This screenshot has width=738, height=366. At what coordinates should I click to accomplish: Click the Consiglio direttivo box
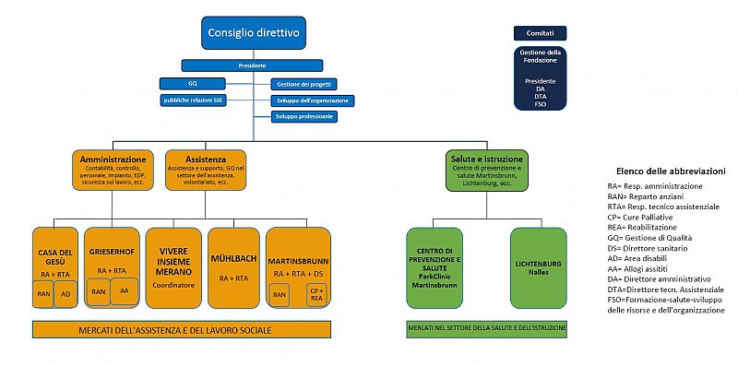(254, 33)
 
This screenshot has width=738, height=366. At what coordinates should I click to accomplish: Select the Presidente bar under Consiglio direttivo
(254, 65)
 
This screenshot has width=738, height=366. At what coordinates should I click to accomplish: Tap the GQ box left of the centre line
(193, 84)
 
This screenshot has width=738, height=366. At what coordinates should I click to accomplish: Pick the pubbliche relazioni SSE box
(193, 100)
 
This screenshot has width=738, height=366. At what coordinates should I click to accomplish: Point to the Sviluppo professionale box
(304, 117)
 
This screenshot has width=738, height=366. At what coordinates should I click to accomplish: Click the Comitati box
(541, 33)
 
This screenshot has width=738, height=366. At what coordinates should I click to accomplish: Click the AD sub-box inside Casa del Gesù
(65, 294)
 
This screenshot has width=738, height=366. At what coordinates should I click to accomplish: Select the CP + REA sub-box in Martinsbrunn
(316, 293)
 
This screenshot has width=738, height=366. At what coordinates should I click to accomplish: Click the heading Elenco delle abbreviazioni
(670, 171)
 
